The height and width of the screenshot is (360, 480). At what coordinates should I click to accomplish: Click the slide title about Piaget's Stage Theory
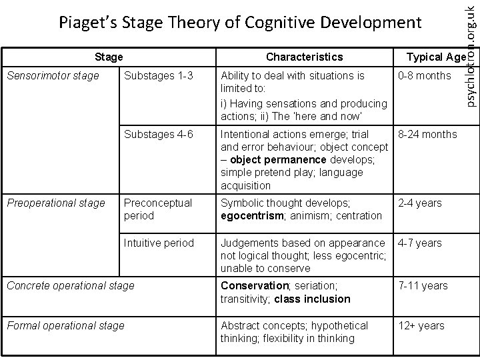point(240,23)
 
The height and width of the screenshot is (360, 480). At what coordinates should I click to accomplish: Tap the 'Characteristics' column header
point(304,57)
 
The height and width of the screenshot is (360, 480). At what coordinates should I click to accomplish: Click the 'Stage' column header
point(109,57)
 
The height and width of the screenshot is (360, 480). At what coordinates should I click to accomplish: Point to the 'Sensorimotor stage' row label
point(53,76)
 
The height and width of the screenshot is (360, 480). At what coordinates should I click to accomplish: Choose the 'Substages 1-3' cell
point(159,76)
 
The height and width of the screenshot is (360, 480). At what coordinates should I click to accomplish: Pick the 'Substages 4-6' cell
point(159,135)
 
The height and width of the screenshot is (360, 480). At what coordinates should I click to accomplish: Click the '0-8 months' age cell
point(424,76)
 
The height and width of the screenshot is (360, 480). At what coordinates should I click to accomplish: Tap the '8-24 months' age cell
point(427,135)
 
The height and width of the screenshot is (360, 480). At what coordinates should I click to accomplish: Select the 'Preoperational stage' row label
point(55,203)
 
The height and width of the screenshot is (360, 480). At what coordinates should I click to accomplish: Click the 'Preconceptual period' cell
point(157,209)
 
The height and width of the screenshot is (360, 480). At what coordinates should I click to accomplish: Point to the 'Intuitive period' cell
point(159,243)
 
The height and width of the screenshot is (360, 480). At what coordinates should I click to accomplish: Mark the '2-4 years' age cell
point(419,203)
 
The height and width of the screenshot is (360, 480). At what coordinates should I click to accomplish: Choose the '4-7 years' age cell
point(419,243)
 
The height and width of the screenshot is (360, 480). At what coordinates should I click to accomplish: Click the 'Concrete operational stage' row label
point(70,285)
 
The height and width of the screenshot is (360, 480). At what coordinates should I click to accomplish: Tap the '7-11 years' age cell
point(423,285)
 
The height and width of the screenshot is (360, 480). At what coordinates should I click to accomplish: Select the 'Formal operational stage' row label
point(65,325)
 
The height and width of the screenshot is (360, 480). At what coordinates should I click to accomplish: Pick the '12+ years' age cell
point(421,325)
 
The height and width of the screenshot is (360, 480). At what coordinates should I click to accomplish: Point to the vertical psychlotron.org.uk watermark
point(470,53)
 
